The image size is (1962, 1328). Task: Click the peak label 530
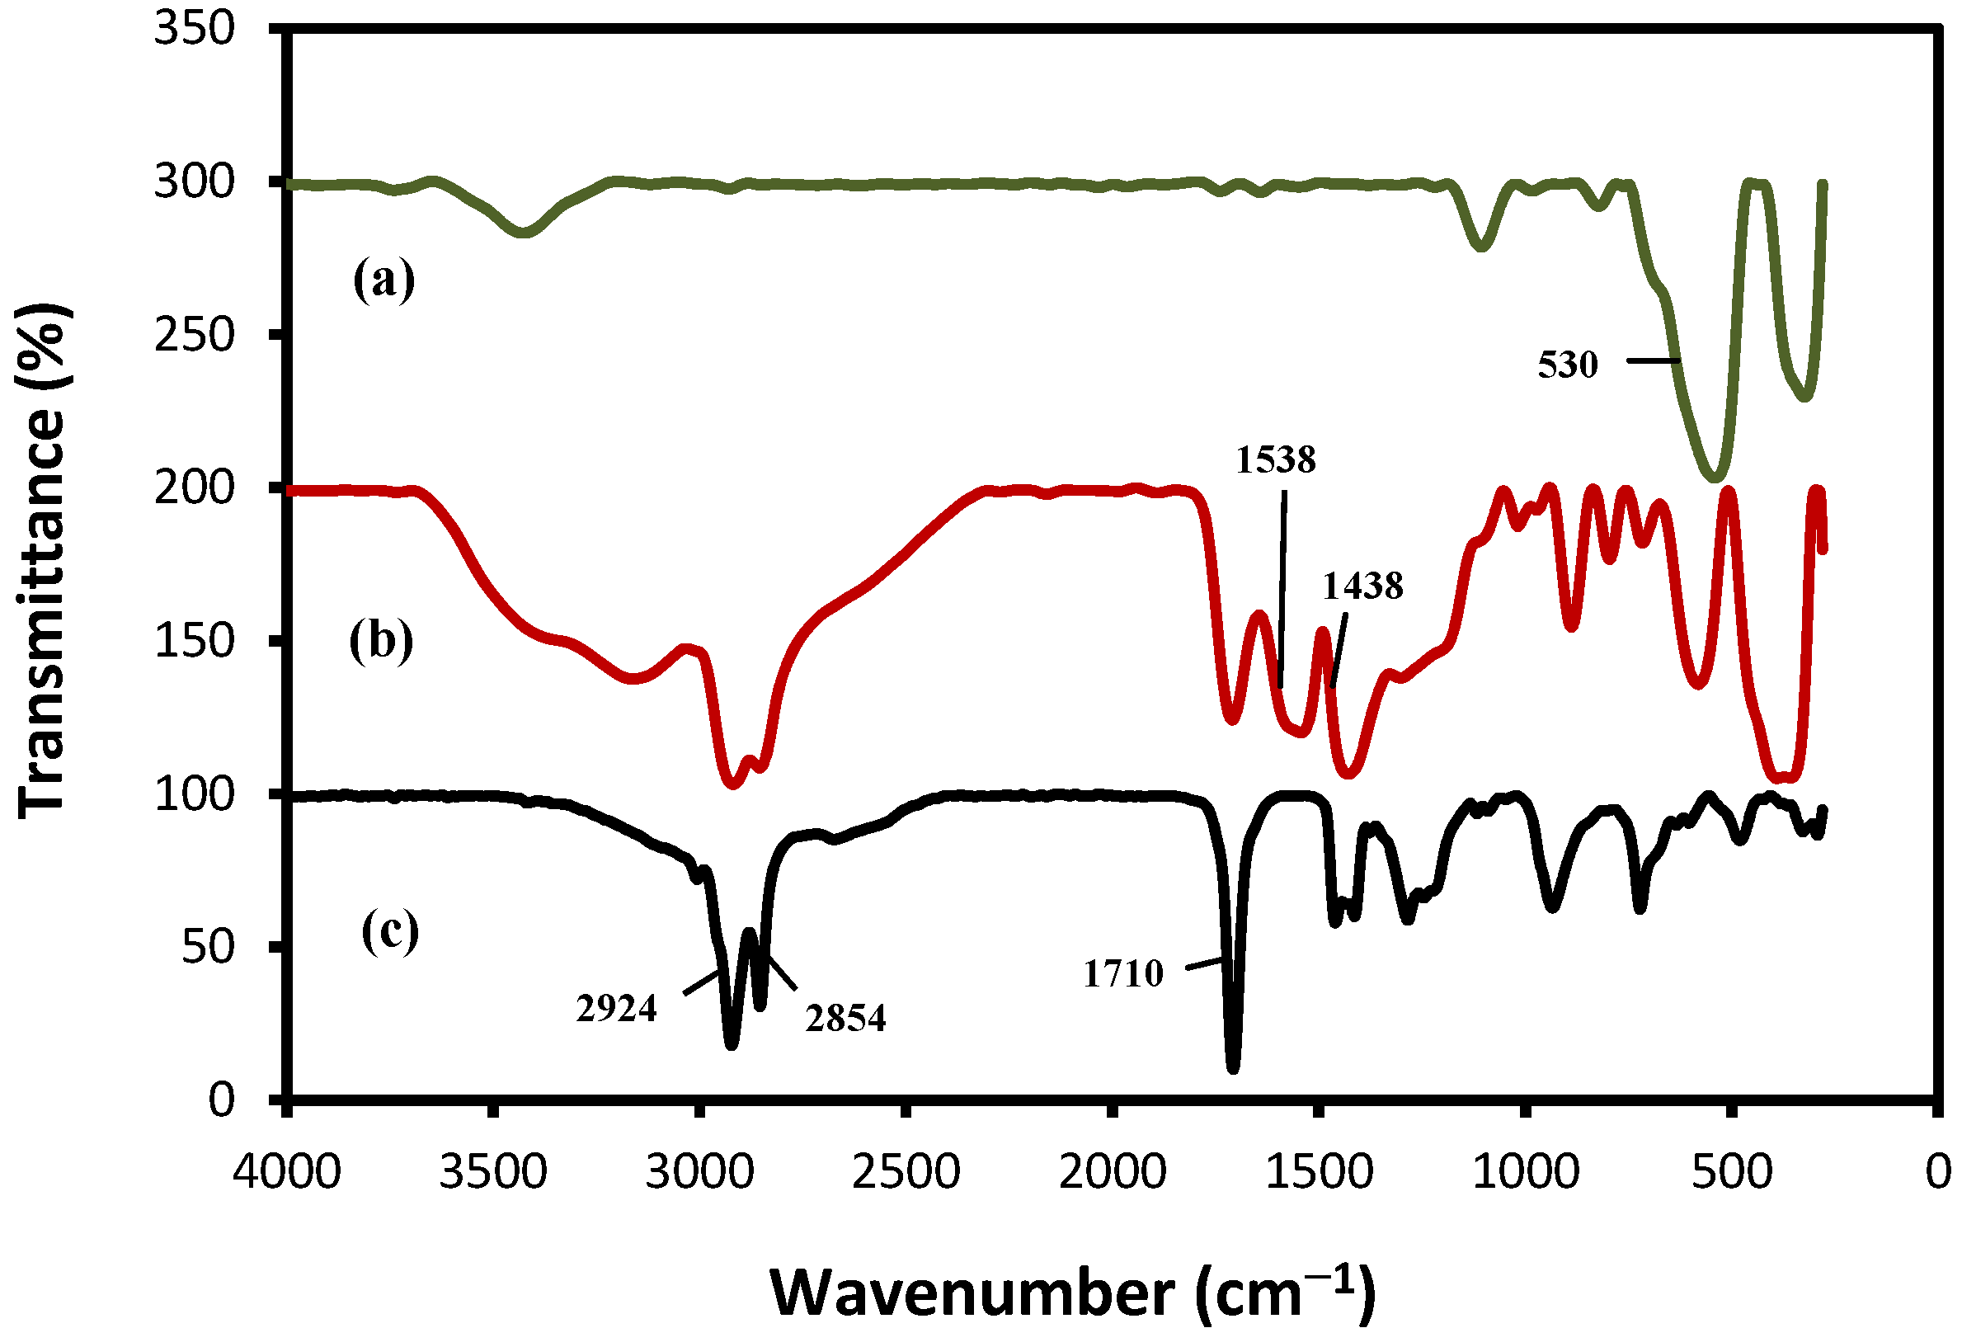(1568, 365)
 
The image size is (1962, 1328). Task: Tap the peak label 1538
(1276, 460)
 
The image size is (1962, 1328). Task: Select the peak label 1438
(1362, 586)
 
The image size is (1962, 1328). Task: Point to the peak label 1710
(1122, 974)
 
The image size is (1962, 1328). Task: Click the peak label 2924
(616, 1009)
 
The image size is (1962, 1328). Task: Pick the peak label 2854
(845, 1019)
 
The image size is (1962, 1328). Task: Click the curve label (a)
(384, 280)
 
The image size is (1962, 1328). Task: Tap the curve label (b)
(382, 641)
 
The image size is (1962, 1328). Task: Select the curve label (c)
(390, 931)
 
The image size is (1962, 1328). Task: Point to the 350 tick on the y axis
(194, 29)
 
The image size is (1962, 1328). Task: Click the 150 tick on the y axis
(194, 641)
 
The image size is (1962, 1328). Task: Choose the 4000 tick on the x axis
(287, 1173)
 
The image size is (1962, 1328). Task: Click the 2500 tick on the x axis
(906, 1173)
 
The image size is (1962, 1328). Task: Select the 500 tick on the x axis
(1732, 1173)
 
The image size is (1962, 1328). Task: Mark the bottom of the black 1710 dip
(1234, 1067)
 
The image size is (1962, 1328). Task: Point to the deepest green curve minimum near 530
(1714, 478)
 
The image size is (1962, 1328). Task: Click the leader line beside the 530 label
(1652, 361)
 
